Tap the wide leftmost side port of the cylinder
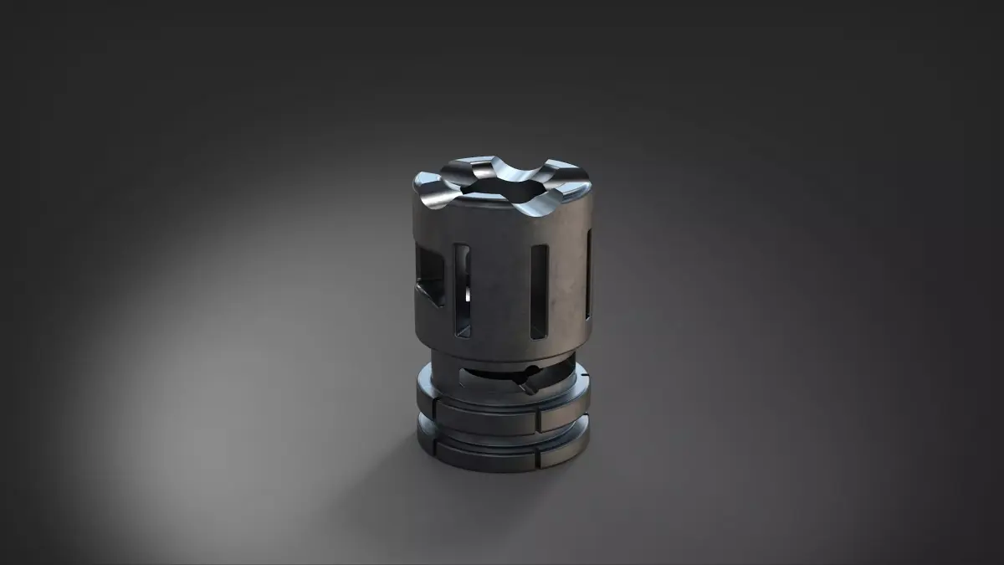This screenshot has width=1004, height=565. click(431, 276)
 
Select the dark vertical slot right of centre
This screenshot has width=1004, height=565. click(539, 290)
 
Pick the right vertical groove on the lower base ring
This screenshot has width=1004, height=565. click(533, 459)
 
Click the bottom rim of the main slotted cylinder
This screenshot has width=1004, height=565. click(502, 357)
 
